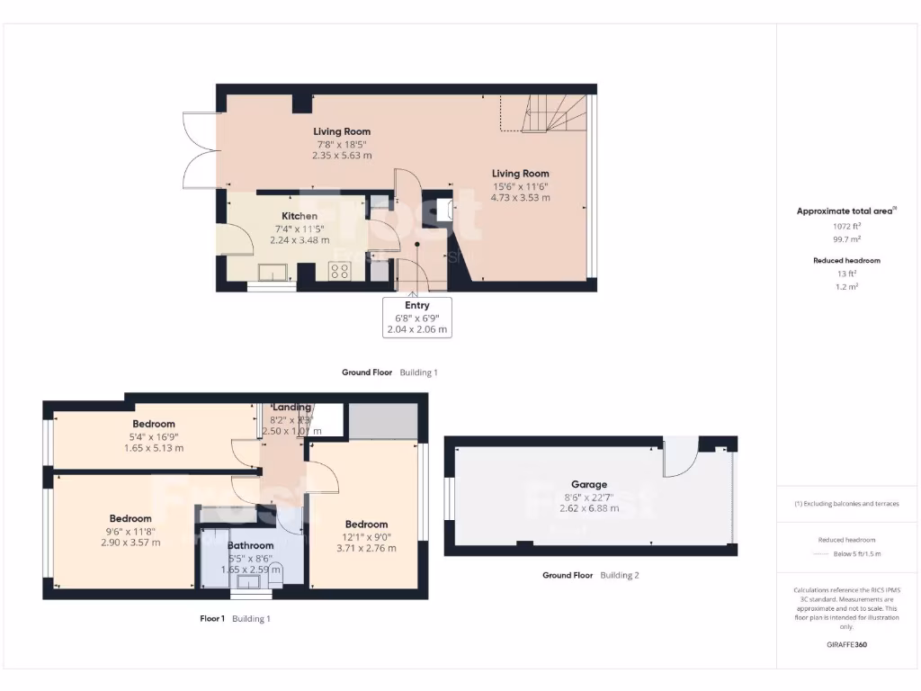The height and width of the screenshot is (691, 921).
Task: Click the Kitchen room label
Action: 300,216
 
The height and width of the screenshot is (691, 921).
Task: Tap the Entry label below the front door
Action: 417,306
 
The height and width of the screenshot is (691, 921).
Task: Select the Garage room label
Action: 590,484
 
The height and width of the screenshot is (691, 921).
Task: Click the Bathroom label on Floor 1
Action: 250,545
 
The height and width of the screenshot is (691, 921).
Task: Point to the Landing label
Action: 291,408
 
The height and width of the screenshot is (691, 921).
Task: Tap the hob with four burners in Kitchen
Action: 340,271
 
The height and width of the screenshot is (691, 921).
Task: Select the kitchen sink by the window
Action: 271,272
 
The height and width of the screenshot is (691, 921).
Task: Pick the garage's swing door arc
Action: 679,459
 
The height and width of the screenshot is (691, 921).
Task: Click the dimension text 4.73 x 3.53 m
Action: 520,197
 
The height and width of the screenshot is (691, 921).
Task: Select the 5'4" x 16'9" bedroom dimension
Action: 154,436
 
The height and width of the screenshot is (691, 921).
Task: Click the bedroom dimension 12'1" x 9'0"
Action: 366,536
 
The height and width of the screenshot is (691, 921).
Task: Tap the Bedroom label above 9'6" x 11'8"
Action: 130,518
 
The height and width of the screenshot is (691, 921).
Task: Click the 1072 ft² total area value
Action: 845,226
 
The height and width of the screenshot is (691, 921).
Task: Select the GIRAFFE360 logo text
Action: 845,644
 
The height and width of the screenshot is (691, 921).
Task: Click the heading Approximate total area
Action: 845,211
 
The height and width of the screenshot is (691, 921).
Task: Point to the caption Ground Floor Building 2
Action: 590,575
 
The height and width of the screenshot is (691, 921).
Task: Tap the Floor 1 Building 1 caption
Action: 235,618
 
